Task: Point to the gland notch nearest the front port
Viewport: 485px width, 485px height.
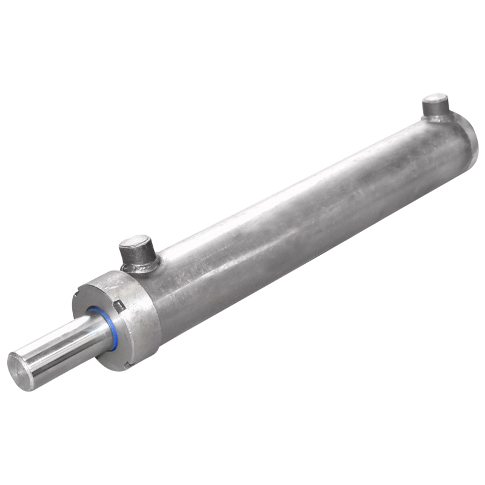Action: click(121, 306)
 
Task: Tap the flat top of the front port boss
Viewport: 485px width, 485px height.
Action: click(134, 243)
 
